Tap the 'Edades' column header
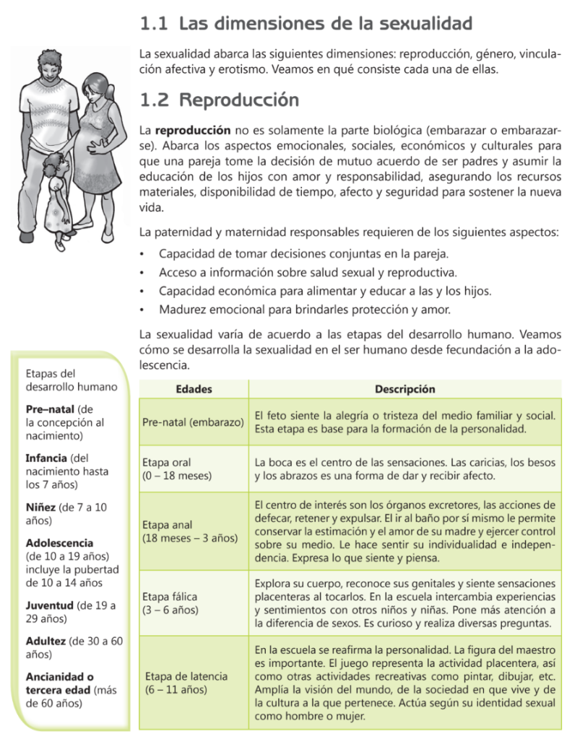pyautogui.click(x=194, y=389)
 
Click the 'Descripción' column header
pyautogui.click(x=404, y=389)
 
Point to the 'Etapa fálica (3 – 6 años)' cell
pyautogui.click(x=171, y=603)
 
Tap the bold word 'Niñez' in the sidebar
pyautogui.click(x=41, y=507)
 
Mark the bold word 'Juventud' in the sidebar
pyautogui.click(x=49, y=606)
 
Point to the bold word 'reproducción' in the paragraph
pyautogui.click(x=193, y=131)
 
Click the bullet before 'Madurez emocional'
pyautogui.click(x=143, y=310)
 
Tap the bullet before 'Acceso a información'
pyautogui.click(x=143, y=274)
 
